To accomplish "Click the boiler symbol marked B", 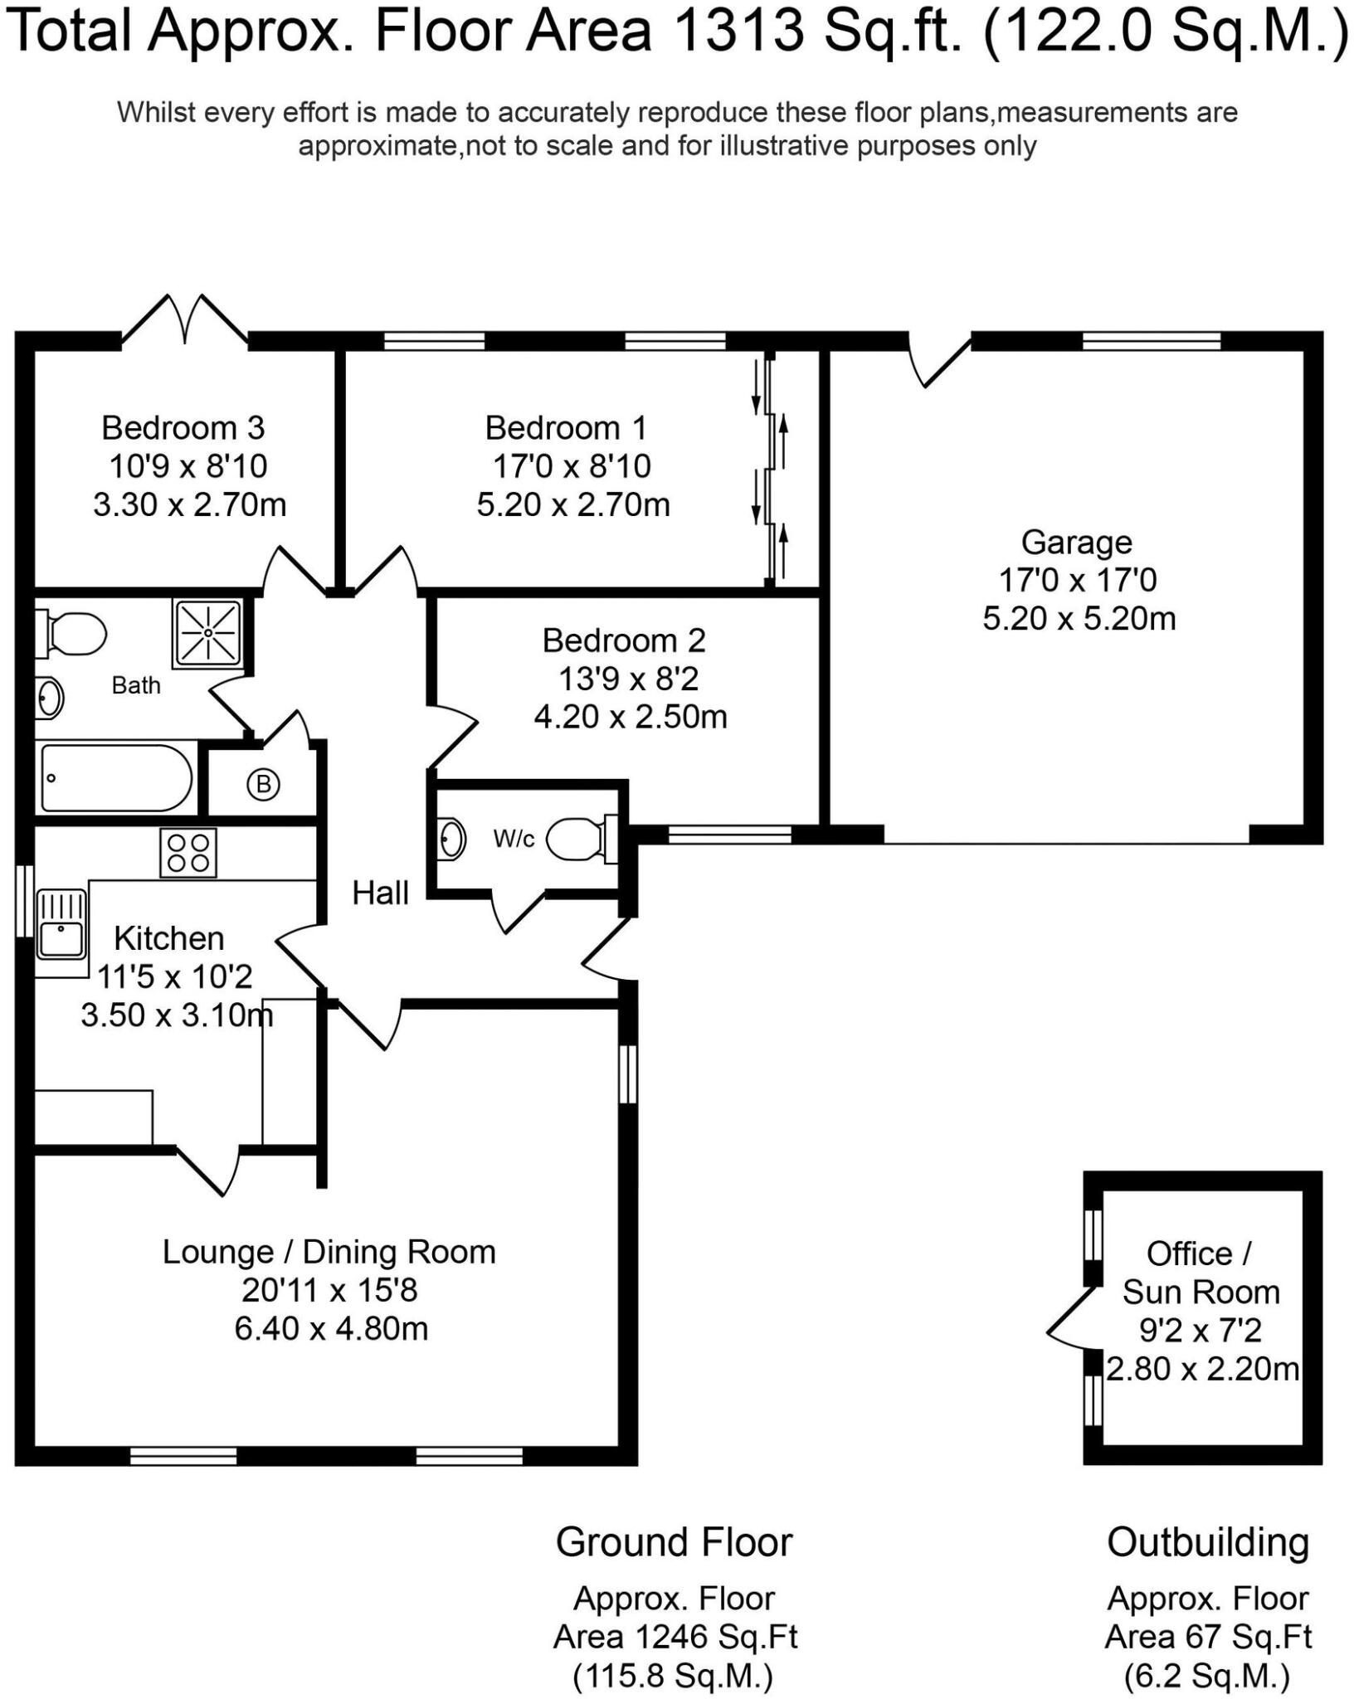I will click(x=263, y=784).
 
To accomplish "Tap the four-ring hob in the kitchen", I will click(x=188, y=853).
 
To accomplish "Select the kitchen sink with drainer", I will click(x=61, y=923).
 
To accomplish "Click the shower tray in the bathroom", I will click(x=208, y=632).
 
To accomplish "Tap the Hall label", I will click(x=380, y=893).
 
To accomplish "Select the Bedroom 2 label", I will click(x=624, y=640).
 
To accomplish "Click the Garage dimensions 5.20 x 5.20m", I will click(x=1079, y=619).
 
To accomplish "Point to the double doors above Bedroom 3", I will click(x=185, y=319).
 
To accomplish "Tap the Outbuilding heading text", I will click(x=1207, y=1543).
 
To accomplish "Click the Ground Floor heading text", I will click(x=674, y=1543).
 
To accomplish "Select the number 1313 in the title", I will click(x=740, y=30).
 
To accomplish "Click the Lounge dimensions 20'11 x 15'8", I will click(x=329, y=1291).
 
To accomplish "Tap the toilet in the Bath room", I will click(x=73, y=635).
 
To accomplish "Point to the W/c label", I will click(x=514, y=839).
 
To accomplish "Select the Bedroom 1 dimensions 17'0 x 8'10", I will click(x=572, y=466).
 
